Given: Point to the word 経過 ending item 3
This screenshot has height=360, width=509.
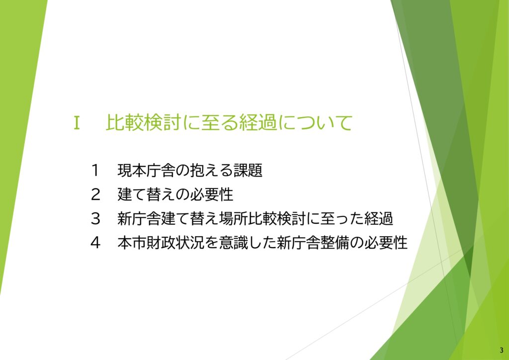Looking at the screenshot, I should point(382,218).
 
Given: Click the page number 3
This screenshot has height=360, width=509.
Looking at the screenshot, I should point(501,350).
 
